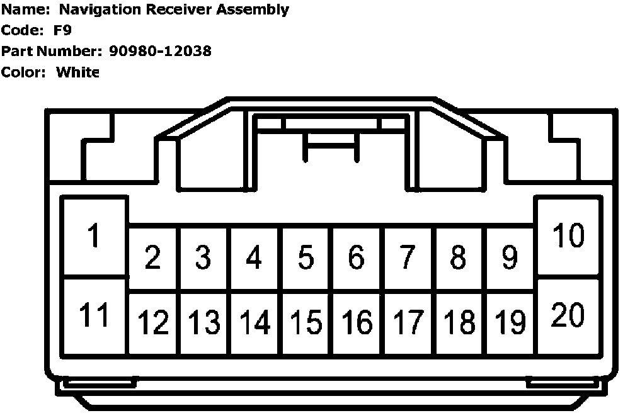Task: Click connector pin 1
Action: click(94, 237)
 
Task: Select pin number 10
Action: click(568, 237)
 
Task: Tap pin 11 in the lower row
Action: click(95, 315)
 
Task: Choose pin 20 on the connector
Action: click(568, 315)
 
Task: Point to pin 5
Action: click(306, 257)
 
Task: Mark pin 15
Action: click(306, 323)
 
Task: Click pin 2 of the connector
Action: click(152, 257)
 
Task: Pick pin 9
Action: click(510, 257)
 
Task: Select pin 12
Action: click(153, 323)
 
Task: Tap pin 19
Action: click(510, 323)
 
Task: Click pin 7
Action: click(408, 257)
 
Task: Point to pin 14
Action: click(255, 323)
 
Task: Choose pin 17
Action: click(408, 323)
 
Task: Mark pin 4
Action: click(254, 257)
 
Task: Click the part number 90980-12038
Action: click(160, 51)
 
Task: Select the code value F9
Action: click(63, 30)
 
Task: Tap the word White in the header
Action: click(78, 72)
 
